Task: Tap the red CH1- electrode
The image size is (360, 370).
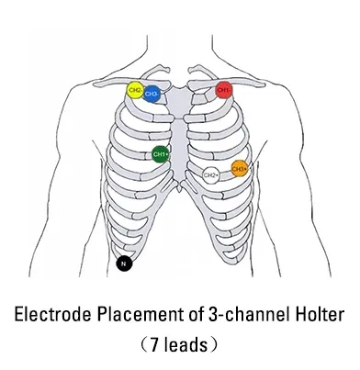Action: point(224,90)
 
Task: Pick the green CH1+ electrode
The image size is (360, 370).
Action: point(161,154)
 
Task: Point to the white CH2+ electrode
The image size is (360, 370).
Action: point(211,174)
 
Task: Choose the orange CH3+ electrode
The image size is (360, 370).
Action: point(240,168)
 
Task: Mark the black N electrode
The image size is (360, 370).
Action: point(125,265)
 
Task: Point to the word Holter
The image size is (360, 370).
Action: point(317,315)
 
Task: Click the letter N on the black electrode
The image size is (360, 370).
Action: point(125,265)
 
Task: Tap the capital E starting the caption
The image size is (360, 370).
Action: point(21,315)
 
